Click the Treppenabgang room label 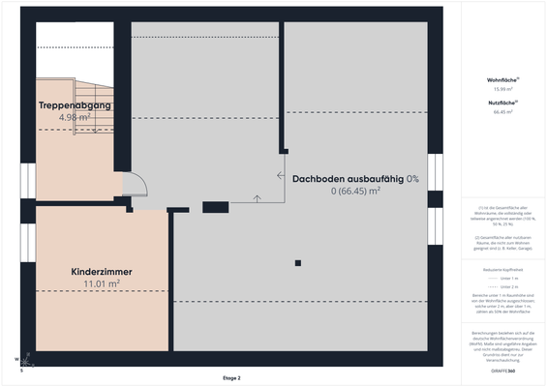[x=75, y=104]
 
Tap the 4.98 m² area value [x=75, y=117]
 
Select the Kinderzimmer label [x=102, y=272]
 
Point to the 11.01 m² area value [x=102, y=284]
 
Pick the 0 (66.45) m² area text [x=355, y=192]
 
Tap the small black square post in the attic [x=298, y=263]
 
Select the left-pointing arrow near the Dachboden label [x=280, y=176]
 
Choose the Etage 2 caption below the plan [x=231, y=377]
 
